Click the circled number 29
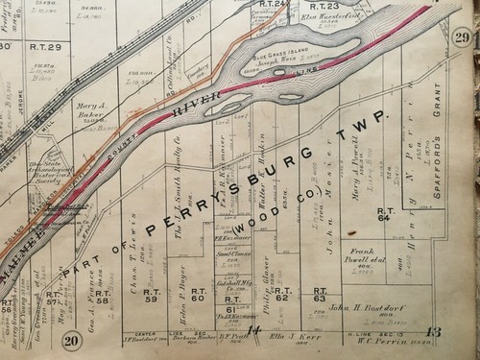[462, 36]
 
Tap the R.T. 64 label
[387, 186]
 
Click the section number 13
[433, 334]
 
